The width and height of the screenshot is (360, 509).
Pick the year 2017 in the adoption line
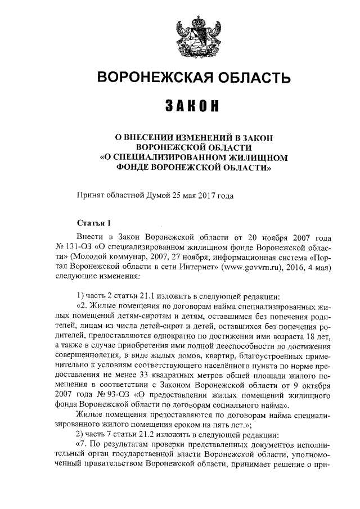[x=202, y=196]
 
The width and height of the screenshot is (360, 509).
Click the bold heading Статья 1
[x=93, y=224]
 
